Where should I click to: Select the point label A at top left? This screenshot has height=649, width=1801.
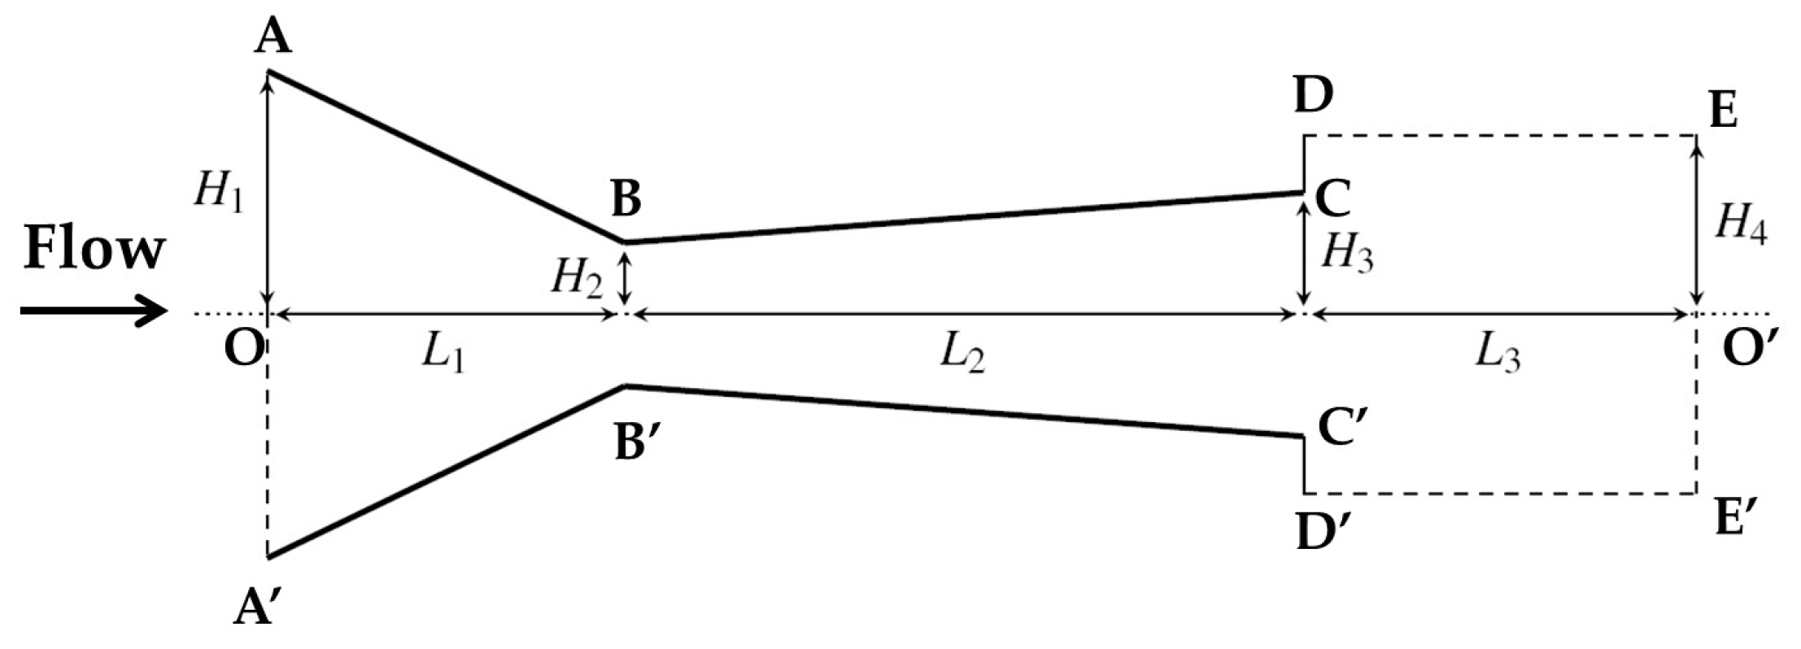(273, 37)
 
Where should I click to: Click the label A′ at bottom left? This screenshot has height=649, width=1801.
(258, 608)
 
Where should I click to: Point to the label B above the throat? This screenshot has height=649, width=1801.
(625, 199)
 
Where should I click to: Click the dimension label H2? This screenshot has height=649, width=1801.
(578, 278)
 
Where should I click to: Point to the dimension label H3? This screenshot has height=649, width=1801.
(1347, 253)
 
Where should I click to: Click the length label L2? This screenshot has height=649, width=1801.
(962, 355)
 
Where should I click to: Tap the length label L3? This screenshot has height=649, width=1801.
(1497, 355)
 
